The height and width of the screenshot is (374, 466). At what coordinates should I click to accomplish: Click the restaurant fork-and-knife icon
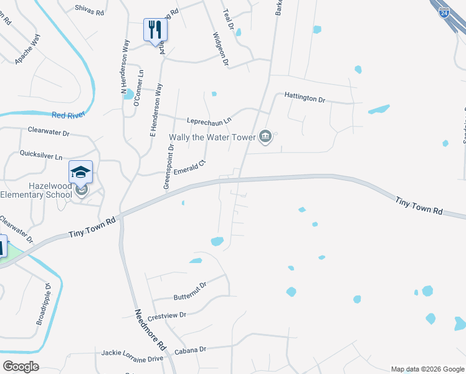[154, 29]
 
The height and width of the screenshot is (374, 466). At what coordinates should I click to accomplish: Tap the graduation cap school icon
[80, 171]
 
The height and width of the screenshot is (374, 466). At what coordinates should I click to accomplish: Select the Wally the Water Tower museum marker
[266, 137]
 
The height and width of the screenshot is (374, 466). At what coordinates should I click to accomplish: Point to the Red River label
[68, 115]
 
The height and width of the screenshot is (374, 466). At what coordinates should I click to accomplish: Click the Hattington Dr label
[305, 98]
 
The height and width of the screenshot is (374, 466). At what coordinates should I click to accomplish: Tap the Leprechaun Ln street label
[209, 120]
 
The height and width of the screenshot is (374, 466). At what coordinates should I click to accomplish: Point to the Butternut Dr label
[189, 285]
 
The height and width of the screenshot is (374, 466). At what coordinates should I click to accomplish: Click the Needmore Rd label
[150, 328]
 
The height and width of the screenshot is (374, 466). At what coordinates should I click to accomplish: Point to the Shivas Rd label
[89, 11]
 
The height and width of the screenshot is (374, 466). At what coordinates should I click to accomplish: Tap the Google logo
[21, 367]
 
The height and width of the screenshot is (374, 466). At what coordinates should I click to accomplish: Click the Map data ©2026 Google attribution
[427, 369]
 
